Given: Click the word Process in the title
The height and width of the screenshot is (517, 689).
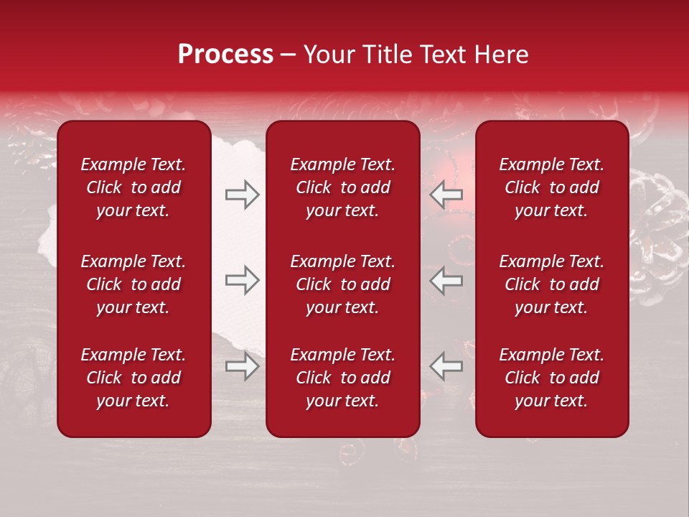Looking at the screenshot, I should [x=225, y=55].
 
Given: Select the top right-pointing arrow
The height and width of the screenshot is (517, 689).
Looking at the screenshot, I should [x=242, y=195].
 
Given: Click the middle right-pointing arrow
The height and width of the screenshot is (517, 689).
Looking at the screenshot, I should [x=242, y=280].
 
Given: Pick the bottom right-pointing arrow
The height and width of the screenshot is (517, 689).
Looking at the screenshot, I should [x=242, y=366].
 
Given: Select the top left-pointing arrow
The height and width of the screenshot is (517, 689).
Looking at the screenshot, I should [x=446, y=195].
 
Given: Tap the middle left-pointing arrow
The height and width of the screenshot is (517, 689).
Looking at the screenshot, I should [x=446, y=280].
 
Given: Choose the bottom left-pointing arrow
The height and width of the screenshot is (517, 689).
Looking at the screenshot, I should [x=446, y=366].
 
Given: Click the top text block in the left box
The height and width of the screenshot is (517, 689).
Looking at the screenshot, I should [x=133, y=187].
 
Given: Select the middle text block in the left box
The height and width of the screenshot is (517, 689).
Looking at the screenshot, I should [x=133, y=284].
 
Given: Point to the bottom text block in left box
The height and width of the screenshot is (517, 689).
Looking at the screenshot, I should [x=133, y=378].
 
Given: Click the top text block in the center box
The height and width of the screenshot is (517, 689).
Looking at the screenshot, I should [x=343, y=187].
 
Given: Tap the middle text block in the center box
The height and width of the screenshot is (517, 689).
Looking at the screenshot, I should [x=343, y=284].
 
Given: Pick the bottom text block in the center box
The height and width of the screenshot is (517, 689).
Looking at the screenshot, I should [x=343, y=378].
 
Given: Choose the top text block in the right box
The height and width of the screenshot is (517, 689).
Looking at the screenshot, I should [x=552, y=187].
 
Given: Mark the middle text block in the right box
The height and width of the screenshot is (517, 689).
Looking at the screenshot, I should [x=552, y=284].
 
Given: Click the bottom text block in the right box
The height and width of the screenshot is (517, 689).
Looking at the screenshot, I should [x=552, y=378].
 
